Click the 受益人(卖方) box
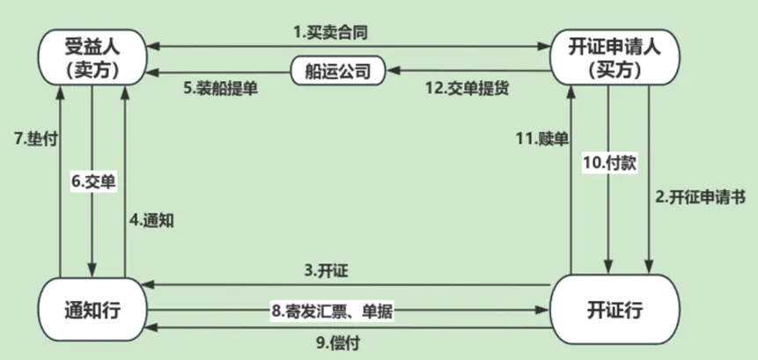coord(92,55)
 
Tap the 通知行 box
coord(92,308)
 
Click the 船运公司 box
coord(339,70)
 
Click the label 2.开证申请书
coord(701,197)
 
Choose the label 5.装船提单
coord(221,88)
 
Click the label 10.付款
coord(609,163)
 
